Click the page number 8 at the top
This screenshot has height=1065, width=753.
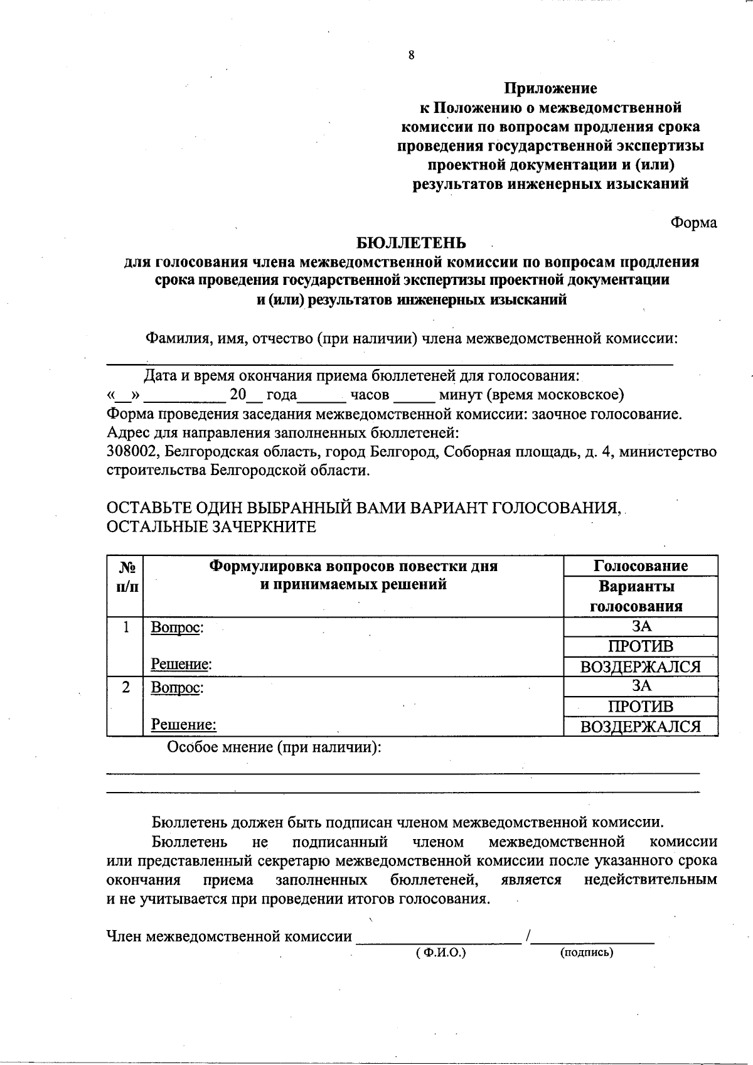[411, 55]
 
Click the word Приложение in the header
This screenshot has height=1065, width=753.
[551, 88]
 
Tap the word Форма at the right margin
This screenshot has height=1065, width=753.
[693, 223]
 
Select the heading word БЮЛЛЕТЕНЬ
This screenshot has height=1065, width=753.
[411, 242]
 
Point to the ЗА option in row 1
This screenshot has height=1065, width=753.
[641, 626]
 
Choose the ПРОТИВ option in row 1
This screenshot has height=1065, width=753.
[641, 646]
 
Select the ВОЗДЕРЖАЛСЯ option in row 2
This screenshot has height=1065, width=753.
[641, 727]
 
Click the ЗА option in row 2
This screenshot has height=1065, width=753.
[641, 687]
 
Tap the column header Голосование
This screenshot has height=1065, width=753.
[641, 566]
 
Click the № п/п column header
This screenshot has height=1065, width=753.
[126, 576]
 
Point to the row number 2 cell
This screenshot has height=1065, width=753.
[126, 687]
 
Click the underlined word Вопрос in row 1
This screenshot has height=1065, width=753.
[176, 628]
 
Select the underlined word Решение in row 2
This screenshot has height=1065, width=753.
[183, 725]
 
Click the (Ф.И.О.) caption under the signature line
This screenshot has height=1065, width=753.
[441, 953]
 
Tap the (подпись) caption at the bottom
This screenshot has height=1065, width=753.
[586, 953]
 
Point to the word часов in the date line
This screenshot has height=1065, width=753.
[370, 395]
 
